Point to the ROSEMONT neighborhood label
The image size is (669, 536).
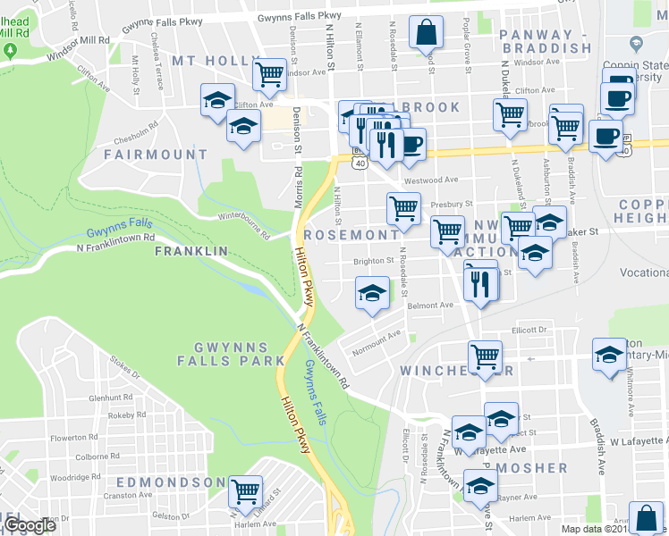coord(351,235)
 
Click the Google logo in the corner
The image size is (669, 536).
coord(30,525)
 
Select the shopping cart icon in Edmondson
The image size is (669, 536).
coord(245,490)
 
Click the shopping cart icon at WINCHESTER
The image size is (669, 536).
coord(485,355)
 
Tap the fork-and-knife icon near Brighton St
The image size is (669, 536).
coord(480,283)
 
